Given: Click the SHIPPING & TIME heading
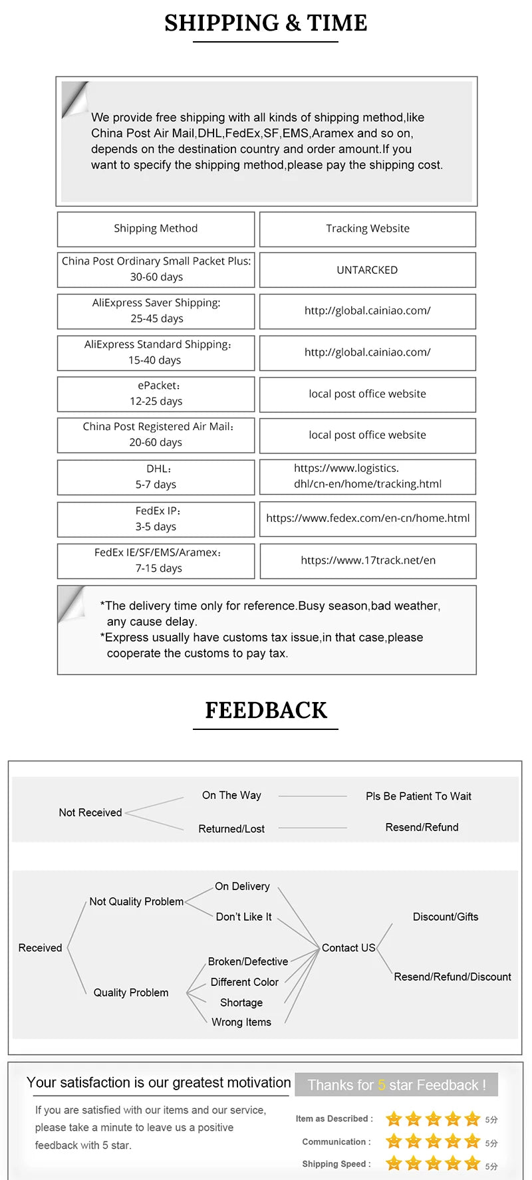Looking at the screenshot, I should (x=265, y=23).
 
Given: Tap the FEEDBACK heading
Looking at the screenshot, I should (x=265, y=710).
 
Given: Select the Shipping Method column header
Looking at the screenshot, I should (x=156, y=229).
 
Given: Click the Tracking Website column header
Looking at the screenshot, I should (x=368, y=229).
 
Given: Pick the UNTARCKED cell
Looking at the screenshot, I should (x=367, y=270).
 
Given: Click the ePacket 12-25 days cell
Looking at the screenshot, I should (x=156, y=394).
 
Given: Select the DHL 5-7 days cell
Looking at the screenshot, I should (x=156, y=477).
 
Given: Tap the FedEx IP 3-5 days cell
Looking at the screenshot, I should (x=156, y=519).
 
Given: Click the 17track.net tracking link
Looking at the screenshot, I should (x=368, y=560).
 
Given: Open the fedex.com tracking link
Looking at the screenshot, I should (x=368, y=519).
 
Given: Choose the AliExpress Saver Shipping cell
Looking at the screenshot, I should (x=156, y=310).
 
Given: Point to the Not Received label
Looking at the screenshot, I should (x=90, y=812).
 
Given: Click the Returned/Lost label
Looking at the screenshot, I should (x=231, y=829).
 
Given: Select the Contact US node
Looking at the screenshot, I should (x=348, y=948).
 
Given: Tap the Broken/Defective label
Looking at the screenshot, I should (x=248, y=962).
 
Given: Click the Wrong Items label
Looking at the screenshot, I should (x=241, y=1022).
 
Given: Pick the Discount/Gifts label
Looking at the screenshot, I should (x=446, y=917).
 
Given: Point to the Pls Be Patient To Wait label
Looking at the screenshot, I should (x=418, y=796).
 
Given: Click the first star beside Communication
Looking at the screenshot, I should (x=394, y=1142).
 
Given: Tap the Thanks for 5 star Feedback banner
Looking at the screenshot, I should (x=396, y=1085).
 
